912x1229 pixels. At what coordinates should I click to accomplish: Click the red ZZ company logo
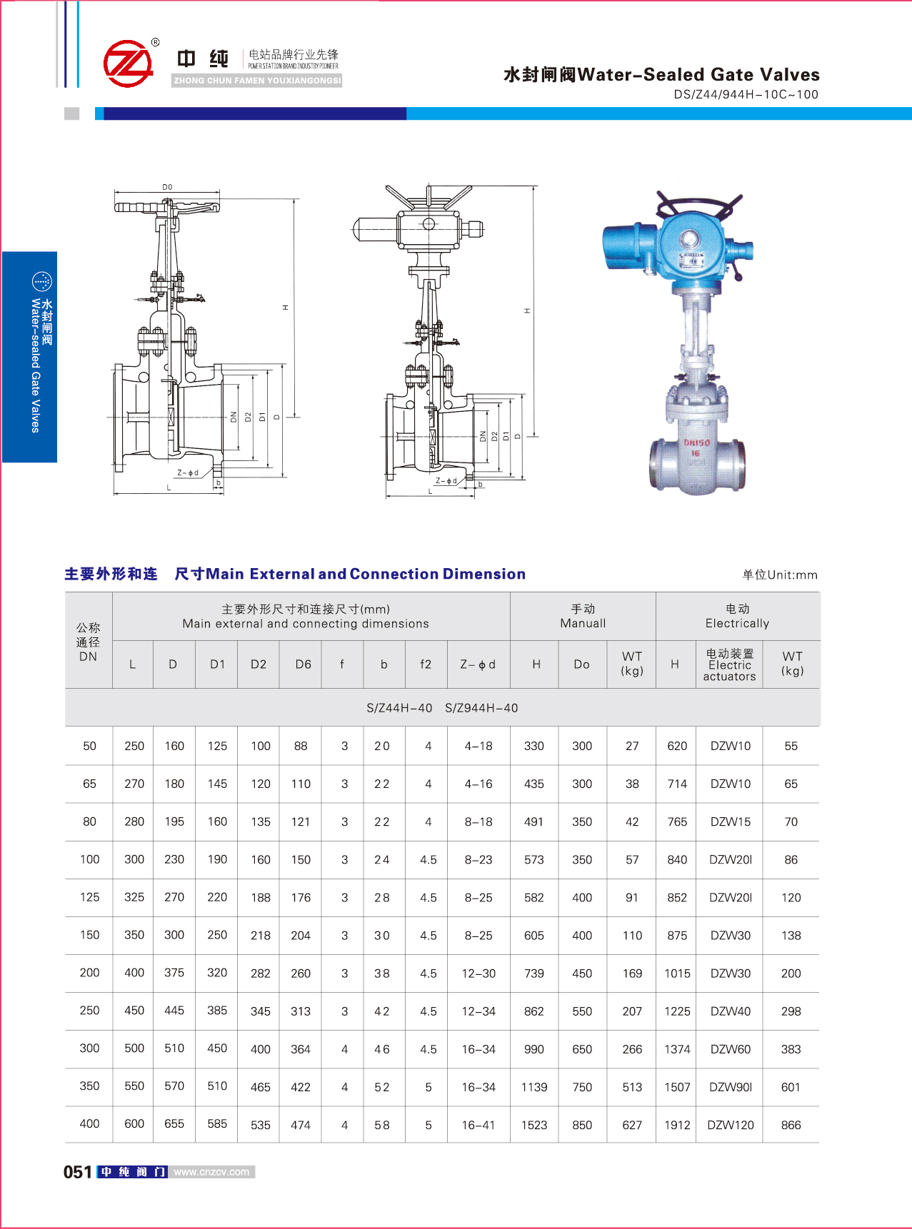point(129,64)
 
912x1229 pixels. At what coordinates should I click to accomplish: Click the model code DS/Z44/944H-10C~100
point(746,94)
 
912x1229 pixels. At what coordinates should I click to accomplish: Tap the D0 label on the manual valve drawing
point(167,187)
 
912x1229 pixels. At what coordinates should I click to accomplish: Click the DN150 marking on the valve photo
point(697,442)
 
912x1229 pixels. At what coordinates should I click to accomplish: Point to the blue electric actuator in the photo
point(675,246)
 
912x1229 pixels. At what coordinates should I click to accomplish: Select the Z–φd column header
point(478,664)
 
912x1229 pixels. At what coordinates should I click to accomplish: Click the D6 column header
point(304,664)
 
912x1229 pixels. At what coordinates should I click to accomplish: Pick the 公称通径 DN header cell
point(89,642)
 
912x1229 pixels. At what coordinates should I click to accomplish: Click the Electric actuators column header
point(729,664)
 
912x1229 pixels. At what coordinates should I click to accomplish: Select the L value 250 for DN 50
point(134,746)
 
